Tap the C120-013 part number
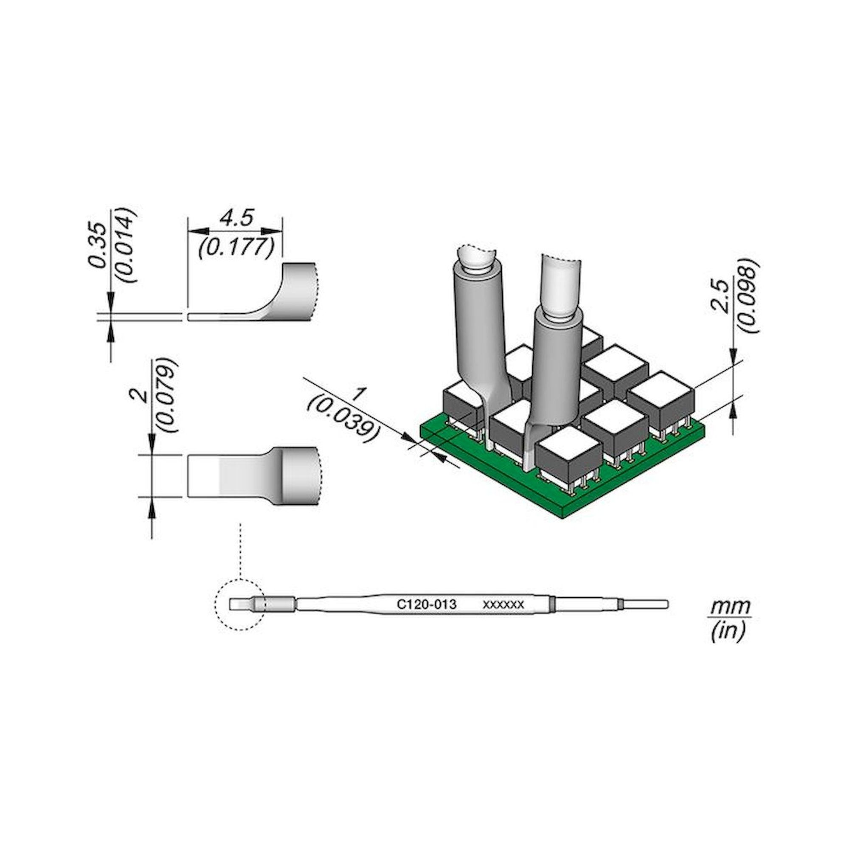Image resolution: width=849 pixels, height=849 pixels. click(x=426, y=604)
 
